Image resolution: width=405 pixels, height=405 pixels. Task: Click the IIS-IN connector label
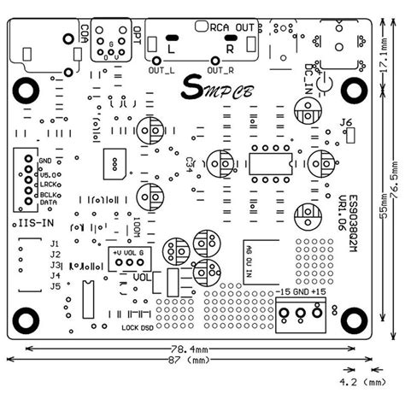coord(36,222)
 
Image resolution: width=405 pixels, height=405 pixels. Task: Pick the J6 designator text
coord(346,123)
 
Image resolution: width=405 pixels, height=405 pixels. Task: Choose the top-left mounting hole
coord(26,89)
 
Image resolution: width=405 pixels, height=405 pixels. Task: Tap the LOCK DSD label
coord(138,328)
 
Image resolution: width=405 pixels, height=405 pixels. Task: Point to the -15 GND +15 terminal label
coord(301,293)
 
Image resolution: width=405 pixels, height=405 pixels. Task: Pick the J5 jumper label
coord(55,286)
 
